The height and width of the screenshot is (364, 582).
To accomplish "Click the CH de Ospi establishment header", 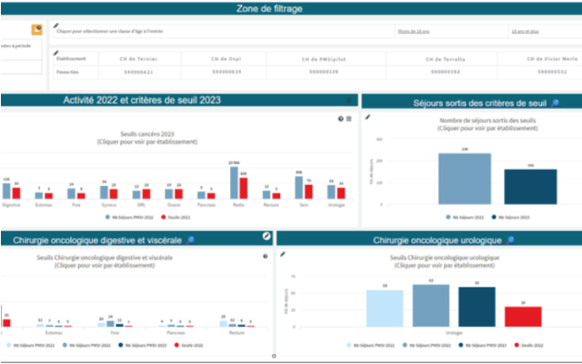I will pos(226,58).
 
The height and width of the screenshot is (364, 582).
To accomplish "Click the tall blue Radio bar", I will pos(235,182).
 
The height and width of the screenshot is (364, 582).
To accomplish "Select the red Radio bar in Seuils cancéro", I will pos(244,186).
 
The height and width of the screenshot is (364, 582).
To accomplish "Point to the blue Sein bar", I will pos(299,187).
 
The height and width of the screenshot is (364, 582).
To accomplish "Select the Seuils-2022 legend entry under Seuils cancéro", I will pos(178,216).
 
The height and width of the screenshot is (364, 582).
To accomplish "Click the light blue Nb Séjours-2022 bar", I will pos(464,178).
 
